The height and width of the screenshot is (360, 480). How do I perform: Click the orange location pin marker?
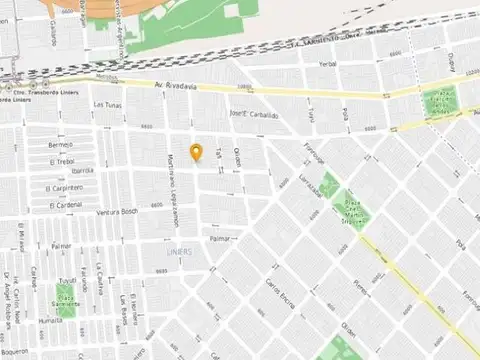click(197, 153)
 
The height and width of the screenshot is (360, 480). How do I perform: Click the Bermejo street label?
click(60, 146)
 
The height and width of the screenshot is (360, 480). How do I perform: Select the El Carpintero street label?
click(65, 188)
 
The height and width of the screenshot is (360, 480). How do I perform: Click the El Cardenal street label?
click(64, 204)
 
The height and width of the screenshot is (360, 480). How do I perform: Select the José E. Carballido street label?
click(253, 115)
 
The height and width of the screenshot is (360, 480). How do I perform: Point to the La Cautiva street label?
click(105, 292)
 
